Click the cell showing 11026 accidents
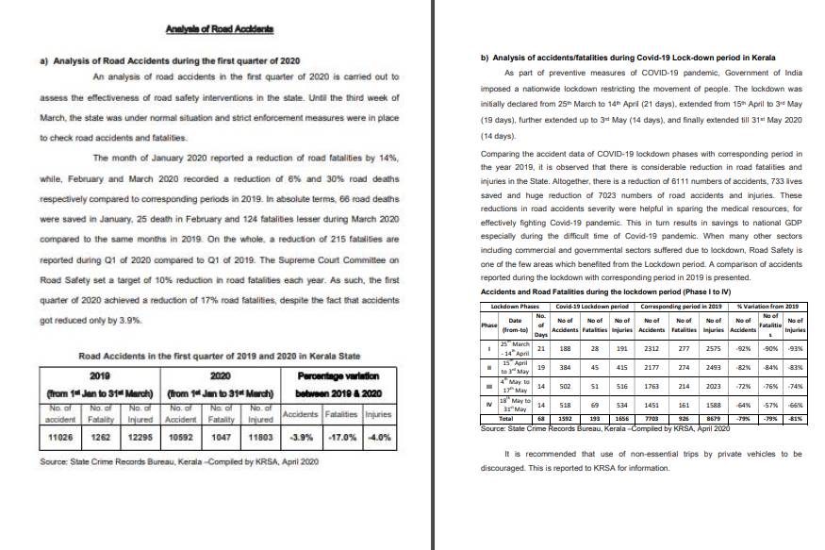(58, 439)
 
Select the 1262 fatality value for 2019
(101, 439)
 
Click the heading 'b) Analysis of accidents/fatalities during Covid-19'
(628, 58)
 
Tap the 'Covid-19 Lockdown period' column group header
(592, 308)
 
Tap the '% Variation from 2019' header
(771, 308)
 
